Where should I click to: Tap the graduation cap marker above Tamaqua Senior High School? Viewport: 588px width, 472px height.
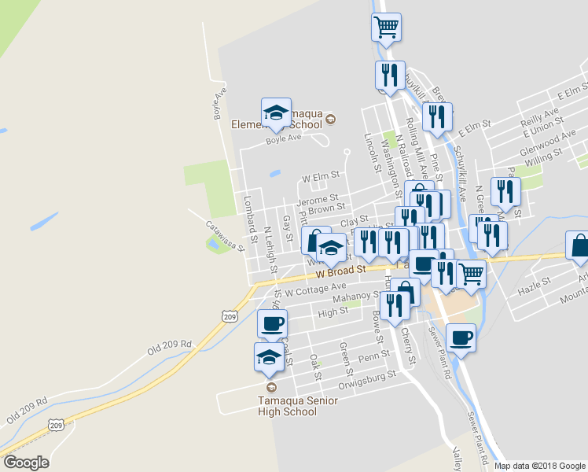[269, 357]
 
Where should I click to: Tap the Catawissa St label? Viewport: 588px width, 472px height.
[226, 234]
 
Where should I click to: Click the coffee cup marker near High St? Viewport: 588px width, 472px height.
[273, 323]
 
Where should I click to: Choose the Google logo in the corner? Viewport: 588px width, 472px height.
[25, 463]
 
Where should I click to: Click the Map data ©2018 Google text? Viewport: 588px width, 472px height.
[540, 466]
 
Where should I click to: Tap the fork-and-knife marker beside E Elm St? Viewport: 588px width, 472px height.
[436, 117]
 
